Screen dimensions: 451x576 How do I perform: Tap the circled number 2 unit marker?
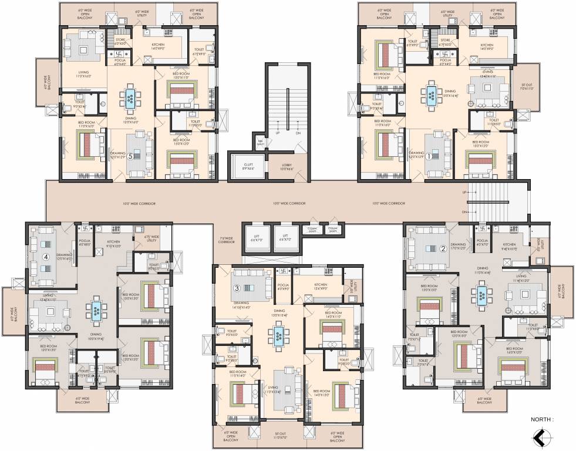(x=443, y=248)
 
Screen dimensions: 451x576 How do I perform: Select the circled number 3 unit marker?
(x=237, y=288)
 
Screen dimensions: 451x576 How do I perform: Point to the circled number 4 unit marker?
(x=45, y=257)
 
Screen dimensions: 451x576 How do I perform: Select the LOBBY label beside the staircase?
(x=286, y=167)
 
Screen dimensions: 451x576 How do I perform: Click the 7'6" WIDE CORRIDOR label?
(x=227, y=239)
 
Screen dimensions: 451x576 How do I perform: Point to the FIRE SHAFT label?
(x=260, y=142)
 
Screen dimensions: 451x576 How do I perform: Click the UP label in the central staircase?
(x=277, y=133)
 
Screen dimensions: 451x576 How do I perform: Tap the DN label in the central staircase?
(x=298, y=133)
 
